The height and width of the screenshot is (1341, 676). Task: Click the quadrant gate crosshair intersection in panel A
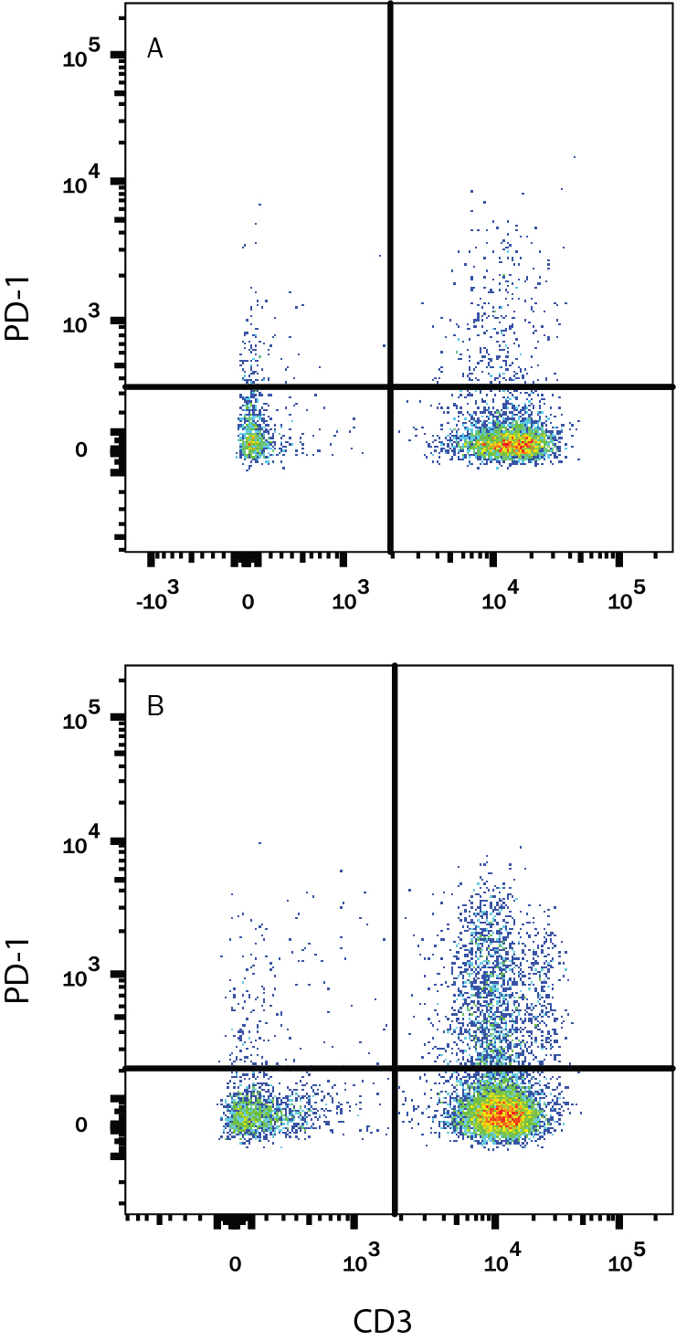coord(392,387)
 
